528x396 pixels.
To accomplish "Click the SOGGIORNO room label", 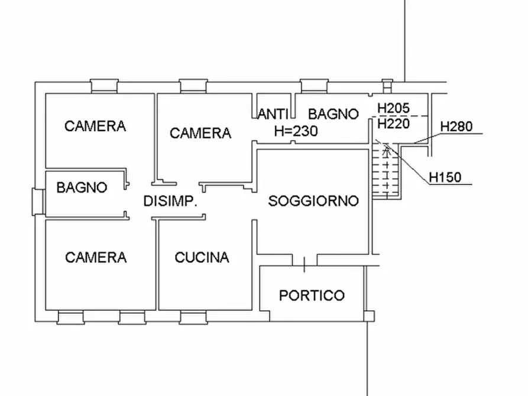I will pos(313,201).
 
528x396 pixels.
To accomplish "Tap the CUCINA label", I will pos(202,258).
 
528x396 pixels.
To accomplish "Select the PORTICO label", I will pos(312,295).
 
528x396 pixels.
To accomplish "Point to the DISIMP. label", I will pos(170,202).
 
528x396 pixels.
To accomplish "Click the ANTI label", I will pos(273,113).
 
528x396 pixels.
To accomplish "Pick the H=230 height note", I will pos(296,131).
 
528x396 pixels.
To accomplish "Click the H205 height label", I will pos(394,109).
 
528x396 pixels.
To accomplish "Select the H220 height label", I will pos(394,124).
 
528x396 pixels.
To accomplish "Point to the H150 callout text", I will pos(445,176).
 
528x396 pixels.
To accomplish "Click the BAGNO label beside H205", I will pos(333,113).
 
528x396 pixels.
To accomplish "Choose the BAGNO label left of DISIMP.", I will pos(82,187).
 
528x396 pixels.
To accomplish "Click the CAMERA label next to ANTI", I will pos(200,133).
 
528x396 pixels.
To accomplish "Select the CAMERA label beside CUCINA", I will pos(95,257).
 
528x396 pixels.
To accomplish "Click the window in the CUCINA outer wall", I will pos(193,319).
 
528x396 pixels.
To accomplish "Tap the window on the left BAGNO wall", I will pos(38,202).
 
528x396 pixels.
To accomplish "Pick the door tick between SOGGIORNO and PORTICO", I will pos(305,264).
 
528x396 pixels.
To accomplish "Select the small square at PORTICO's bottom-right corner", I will pos(369,316).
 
